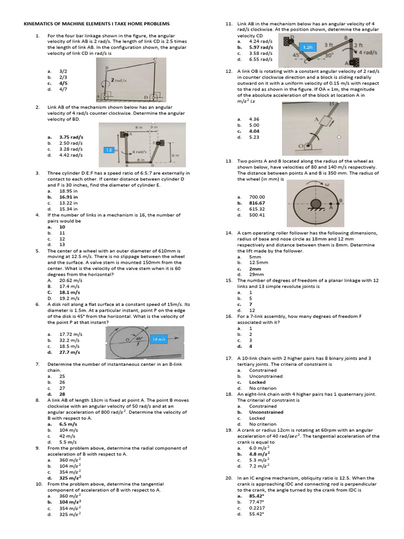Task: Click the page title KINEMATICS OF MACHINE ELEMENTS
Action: pos(98,24)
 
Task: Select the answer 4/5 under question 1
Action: pos(64,83)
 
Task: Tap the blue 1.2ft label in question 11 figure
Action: pos(311,47)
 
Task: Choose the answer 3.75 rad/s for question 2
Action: pos(71,137)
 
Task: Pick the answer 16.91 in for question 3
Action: pos(68,197)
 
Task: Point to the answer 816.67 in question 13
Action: pos(257,203)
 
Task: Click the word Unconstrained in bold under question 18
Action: pos(266,412)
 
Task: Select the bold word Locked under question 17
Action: pos(257,382)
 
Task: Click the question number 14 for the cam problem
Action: pos(229,232)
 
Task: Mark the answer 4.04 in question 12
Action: pos(255,131)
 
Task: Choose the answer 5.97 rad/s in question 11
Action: pos(261,47)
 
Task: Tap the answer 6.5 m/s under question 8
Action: pos(69,424)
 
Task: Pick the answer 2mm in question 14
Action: pos(255,268)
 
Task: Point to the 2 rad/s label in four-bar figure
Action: pos(120,79)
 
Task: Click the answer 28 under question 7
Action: pos(63,394)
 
